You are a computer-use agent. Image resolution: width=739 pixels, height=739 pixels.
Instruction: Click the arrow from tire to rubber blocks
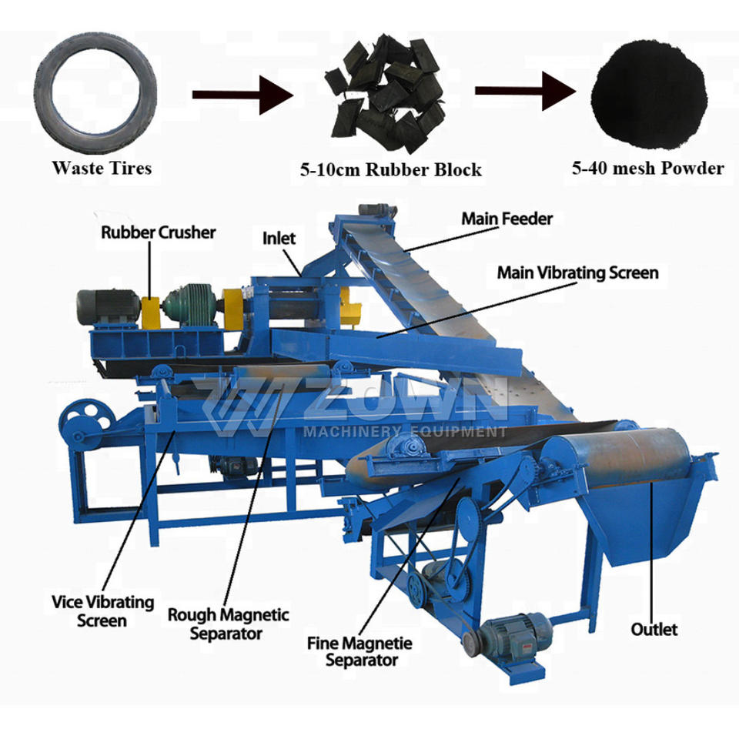pos(242,94)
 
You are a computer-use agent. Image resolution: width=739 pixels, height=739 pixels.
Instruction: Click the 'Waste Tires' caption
pos(102,168)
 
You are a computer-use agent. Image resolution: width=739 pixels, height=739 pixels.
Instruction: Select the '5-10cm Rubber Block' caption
pos(390,170)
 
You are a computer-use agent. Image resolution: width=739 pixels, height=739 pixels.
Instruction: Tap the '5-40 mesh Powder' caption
pos(647,168)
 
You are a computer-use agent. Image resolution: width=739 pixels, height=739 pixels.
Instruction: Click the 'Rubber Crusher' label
pos(159,232)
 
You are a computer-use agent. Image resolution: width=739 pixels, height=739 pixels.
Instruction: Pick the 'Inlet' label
pos(279,238)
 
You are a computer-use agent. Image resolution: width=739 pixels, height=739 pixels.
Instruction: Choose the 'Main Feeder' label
pos(507,219)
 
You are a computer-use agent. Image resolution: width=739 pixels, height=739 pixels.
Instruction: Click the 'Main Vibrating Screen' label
pos(577,273)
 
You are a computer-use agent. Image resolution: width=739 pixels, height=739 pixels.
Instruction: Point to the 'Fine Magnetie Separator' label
pos(360,651)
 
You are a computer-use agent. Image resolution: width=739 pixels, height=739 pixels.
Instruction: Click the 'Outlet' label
pos(654,630)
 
